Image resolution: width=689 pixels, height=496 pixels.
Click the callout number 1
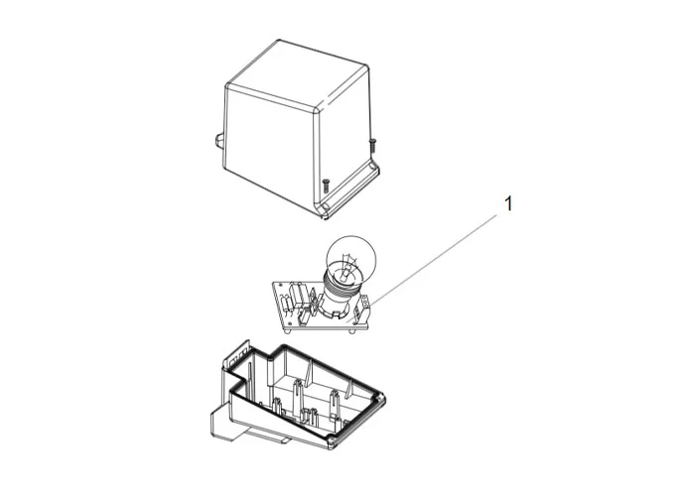[508, 204]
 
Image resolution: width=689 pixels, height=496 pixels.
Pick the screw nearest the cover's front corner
[326, 186]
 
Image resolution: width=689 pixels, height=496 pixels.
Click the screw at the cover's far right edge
[373, 145]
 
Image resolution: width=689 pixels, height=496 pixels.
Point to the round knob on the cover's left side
[219, 142]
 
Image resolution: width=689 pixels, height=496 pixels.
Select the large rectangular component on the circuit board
[296, 292]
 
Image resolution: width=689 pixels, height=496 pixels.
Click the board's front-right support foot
[352, 330]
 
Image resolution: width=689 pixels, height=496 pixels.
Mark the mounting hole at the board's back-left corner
[279, 285]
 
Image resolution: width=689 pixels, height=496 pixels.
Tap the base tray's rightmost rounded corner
[380, 398]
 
